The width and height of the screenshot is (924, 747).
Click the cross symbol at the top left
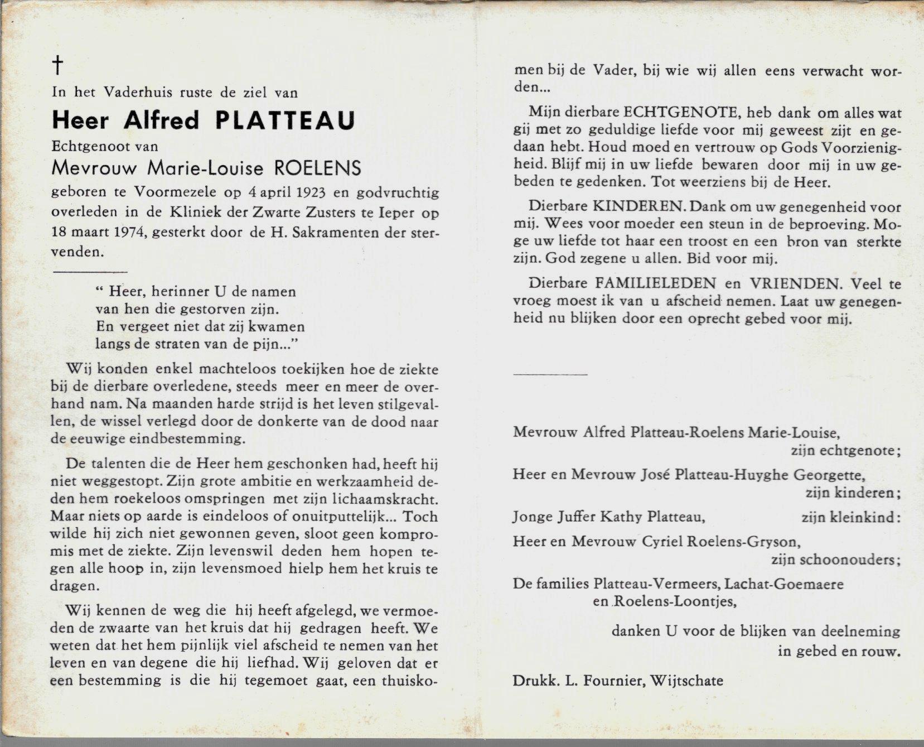click(x=57, y=65)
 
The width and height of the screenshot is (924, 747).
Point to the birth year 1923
click(x=312, y=194)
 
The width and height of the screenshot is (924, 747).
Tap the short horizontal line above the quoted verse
click(x=90, y=272)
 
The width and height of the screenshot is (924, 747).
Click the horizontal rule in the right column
click(x=550, y=374)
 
